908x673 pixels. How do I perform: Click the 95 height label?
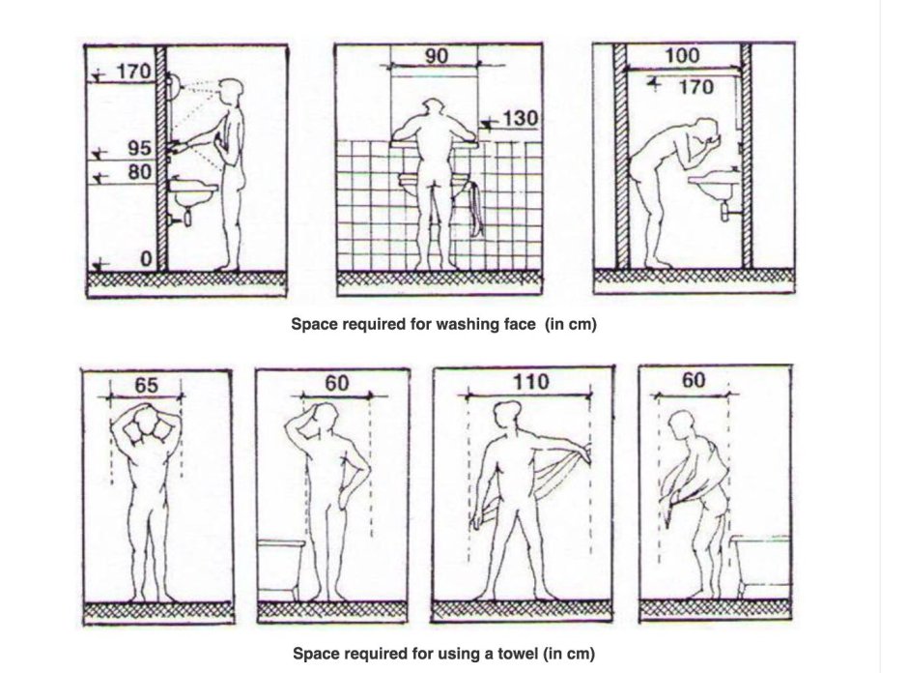click(139, 148)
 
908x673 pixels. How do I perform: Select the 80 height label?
click(139, 172)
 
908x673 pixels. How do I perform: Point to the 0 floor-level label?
click(147, 258)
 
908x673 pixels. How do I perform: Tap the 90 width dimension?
click(437, 56)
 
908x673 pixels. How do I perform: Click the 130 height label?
click(520, 119)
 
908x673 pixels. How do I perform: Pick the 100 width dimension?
click(682, 56)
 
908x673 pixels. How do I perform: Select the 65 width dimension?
click(146, 385)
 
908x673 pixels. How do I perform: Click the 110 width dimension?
click(530, 382)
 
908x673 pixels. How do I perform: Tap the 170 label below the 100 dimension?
click(695, 87)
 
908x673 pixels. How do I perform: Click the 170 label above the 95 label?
click(133, 72)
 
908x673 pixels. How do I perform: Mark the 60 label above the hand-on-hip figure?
click(336, 383)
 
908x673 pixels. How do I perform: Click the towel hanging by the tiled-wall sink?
click(475, 209)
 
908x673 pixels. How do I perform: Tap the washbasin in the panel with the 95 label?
click(194, 194)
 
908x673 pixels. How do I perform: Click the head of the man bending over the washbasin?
click(705, 132)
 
